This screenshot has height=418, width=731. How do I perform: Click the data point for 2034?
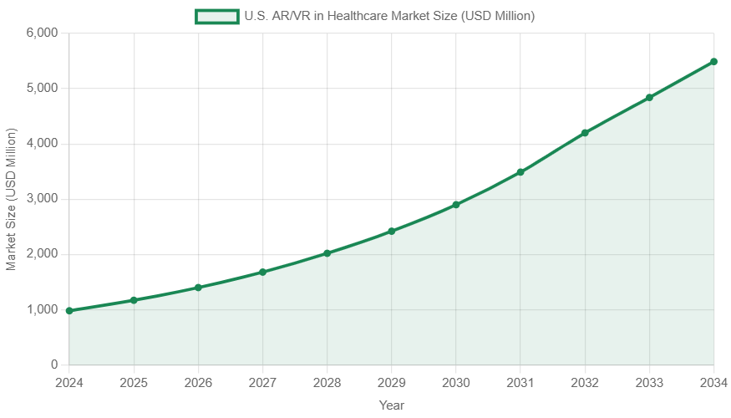pos(713,62)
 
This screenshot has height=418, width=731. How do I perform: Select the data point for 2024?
pos(69,311)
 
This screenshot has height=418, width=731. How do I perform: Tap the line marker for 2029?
pos(391,231)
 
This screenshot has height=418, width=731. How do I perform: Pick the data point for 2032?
pos(585,132)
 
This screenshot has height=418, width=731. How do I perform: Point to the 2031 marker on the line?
pos(520,171)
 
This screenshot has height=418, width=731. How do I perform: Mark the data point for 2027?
pos(262,272)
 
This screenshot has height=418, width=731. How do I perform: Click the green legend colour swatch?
pos(216,16)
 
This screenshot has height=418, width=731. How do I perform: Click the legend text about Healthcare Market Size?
pos(388,16)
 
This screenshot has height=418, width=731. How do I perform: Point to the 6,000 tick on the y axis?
pos(42,33)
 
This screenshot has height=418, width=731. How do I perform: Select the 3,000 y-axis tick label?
pos(42,199)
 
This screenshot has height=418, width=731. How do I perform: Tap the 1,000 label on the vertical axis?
pos(42,310)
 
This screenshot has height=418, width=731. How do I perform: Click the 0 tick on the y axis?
pos(53,365)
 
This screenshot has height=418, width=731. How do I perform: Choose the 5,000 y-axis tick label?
pos(42,88)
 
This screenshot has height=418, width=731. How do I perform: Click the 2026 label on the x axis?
pos(198,382)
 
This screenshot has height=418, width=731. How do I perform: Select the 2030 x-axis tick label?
pos(455,382)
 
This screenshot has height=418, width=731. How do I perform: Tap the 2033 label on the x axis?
pos(649,382)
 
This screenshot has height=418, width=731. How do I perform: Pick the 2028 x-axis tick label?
pos(327,382)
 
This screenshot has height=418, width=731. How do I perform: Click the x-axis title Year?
pos(391,405)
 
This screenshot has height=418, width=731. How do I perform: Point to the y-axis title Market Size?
pos(11,199)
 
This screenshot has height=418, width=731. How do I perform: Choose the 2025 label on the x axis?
pos(134,382)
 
